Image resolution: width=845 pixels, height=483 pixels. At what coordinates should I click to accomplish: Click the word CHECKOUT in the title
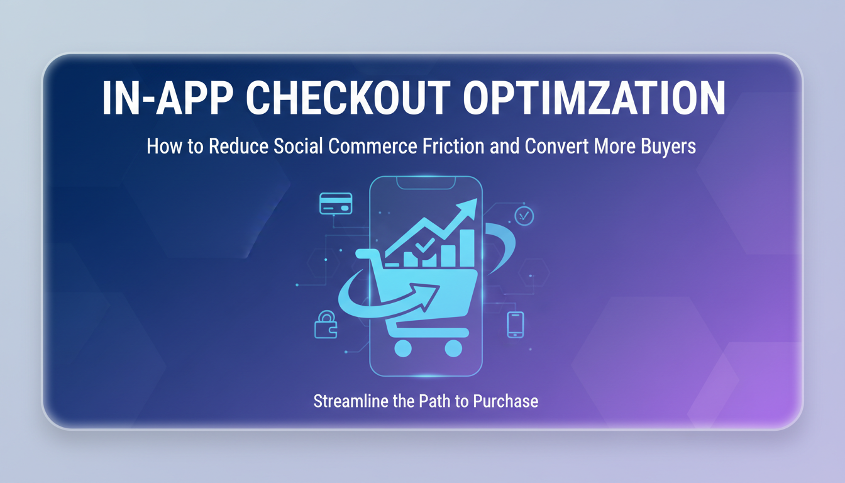pyautogui.click(x=348, y=97)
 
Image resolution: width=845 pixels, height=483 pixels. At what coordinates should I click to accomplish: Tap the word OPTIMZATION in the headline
pyautogui.click(x=594, y=97)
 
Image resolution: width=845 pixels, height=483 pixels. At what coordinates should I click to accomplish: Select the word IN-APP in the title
pyautogui.click(x=167, y=97)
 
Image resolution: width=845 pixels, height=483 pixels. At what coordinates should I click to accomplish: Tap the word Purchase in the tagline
pyautogui.click(x=505, y=401)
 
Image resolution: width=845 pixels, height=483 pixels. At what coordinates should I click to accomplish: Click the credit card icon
pyautogui.click(x=336, y=203)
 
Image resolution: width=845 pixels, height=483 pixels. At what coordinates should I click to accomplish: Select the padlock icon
pyautogui.click(x=326, y=325)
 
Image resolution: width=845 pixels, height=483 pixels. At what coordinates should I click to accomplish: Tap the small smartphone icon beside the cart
pyautogui.click(x=516, y=325)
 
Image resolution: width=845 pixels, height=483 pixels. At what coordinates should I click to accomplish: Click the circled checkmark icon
pyautogui.click(x=524, y=216)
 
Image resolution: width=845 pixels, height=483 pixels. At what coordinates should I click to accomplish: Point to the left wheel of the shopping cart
pyautogui.click(x=403, y=348)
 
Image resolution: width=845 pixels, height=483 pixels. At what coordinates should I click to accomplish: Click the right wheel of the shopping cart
pyautogui.click(x=453, y=348)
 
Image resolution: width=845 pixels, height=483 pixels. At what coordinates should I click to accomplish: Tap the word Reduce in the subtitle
pyautogui.click(x=238, y=146)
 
